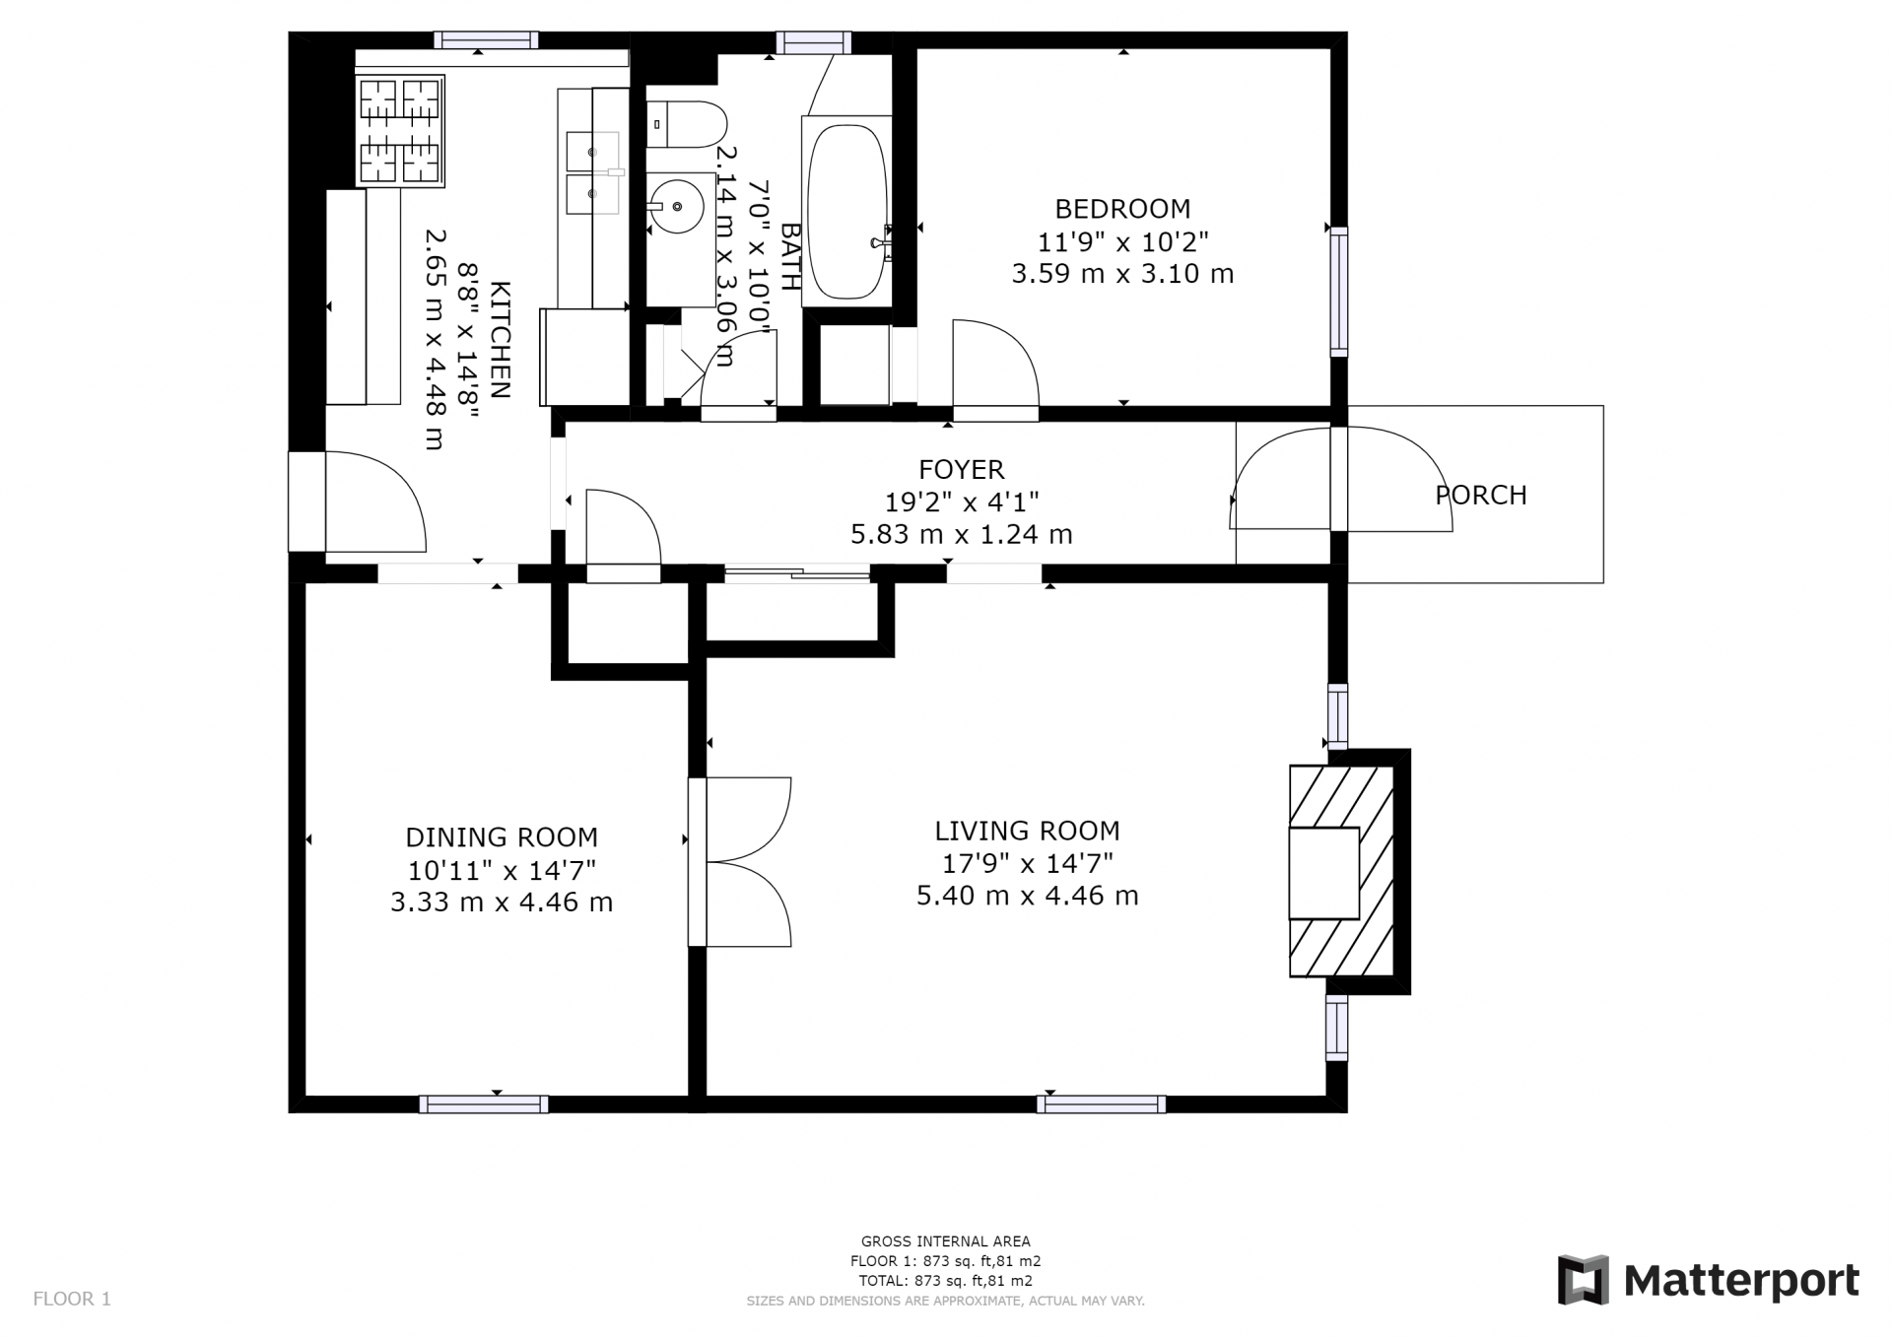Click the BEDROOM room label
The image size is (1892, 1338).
1122,209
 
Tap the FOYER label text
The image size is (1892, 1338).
961,470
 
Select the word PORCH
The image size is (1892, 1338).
1481,495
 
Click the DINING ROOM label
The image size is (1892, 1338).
502,837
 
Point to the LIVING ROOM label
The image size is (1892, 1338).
1027,831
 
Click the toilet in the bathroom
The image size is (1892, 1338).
687,124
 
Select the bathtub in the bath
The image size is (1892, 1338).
847,211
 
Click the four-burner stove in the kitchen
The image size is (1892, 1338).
400,131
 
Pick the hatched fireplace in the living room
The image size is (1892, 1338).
1342,871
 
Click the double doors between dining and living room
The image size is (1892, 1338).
740,862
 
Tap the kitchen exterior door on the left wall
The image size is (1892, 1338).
357,502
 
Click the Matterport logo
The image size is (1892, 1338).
1708,1280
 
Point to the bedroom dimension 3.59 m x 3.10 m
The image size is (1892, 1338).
1122,274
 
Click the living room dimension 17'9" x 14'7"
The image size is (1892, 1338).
1027,863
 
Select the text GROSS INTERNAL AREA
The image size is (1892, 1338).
946,1241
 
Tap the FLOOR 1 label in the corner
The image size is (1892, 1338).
72,1299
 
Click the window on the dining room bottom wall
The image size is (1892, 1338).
484,1104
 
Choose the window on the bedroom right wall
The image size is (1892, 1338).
1338,291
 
